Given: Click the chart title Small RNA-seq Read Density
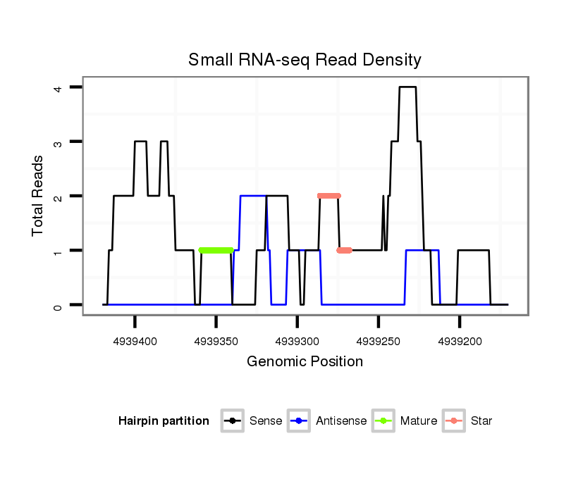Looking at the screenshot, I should click(305, 60).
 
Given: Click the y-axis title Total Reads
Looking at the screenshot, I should click(39, 195).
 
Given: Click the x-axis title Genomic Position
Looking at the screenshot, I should click(305, 362).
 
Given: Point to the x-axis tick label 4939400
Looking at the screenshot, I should click(135, 341).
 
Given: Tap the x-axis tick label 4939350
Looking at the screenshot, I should click(216, 341).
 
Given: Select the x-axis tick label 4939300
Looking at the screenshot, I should click(297, 341).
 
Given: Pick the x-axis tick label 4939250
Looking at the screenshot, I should click(378, 341).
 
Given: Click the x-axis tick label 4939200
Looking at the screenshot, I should click(460, 341).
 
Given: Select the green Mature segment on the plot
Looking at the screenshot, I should click(216, 250).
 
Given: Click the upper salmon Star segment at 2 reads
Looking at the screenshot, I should click(329, 196).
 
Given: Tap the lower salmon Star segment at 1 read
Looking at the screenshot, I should click(344, 250).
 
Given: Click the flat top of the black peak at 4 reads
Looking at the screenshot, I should click(407, 87).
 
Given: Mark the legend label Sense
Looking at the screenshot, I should click(266, 421).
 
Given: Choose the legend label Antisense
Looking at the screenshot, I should click(341, 421).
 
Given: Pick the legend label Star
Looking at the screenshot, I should click(481, 421).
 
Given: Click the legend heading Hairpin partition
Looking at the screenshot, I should click(164, 421).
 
